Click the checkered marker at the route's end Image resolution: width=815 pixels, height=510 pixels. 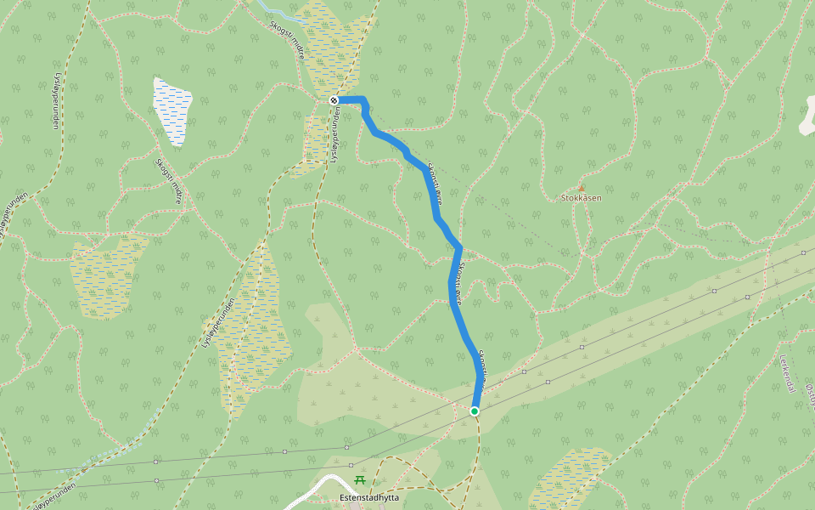pyautogui.click(x=334, y=100)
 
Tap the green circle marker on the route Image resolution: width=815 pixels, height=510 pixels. pyautogui.click(x=475, y=411)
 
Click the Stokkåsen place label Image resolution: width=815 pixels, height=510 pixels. pyautogui.click(x=582, y=198)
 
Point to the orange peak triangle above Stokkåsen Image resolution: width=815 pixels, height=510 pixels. pyautogui.click(x=582, y=188)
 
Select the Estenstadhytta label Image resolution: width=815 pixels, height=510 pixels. pyautogui.click(x=368, y=497)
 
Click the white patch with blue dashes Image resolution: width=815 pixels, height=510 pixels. pyautogui.click(x=172, y=110)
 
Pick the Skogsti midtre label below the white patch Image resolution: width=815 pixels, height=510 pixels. pyautogui.click(x=169, y=182)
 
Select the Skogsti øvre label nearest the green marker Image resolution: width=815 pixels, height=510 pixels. pyautogui.click(x=481, y=367)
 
